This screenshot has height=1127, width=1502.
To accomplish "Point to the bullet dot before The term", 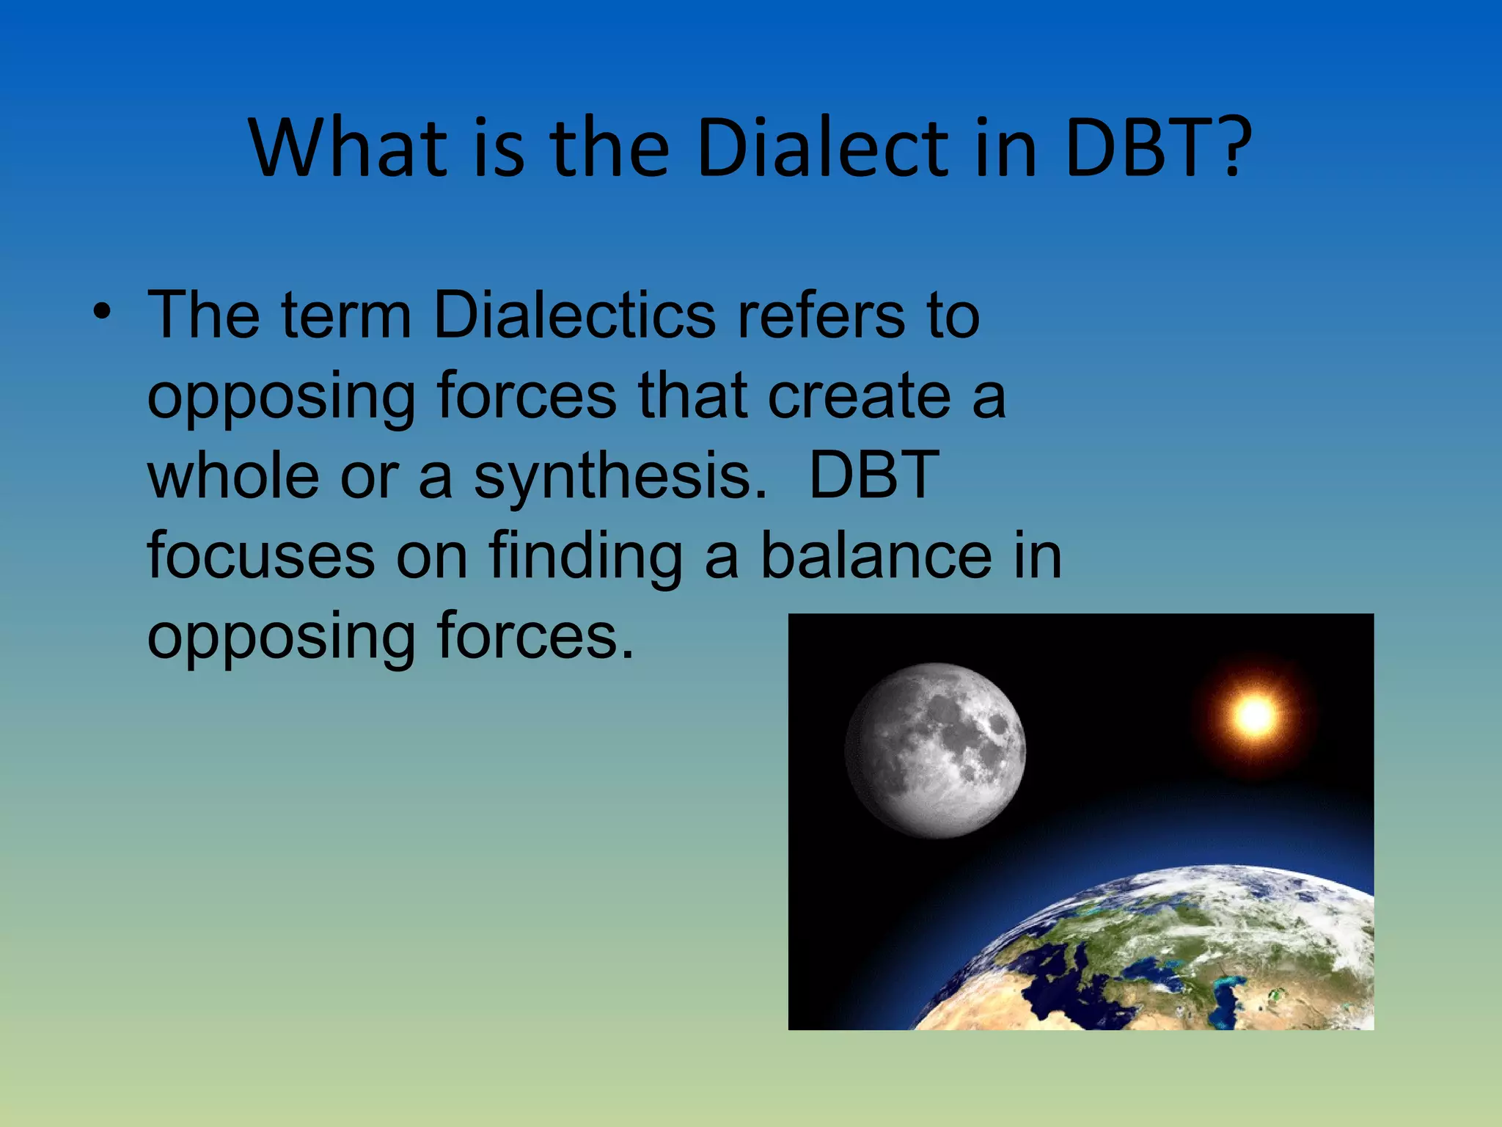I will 102,313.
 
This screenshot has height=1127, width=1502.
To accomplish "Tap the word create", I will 859,396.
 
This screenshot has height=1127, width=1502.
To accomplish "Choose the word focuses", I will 261,555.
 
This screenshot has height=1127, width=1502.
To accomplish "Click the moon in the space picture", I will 935,750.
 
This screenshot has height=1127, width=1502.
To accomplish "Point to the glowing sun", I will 1255,715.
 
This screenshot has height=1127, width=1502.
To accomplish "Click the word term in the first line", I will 345,316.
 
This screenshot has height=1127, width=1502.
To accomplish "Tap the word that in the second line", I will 693,396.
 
